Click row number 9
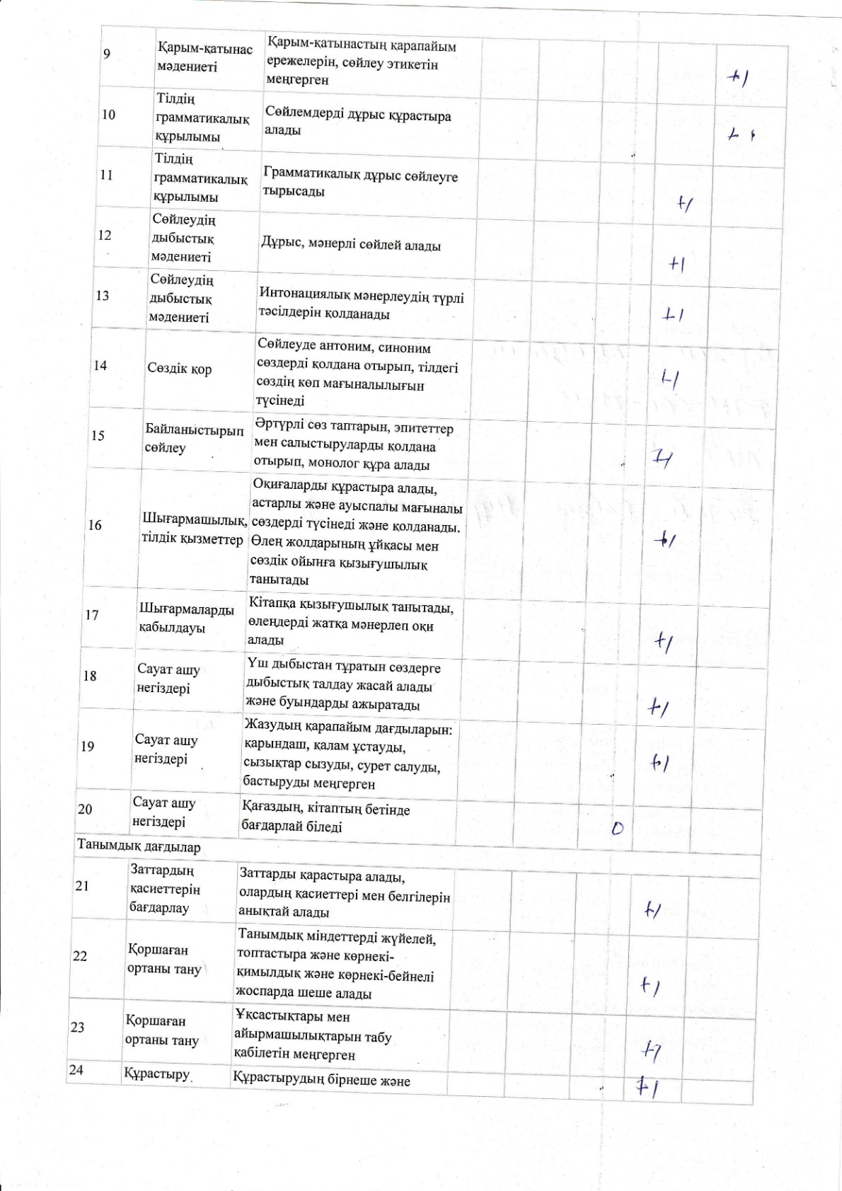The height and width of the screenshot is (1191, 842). click(x=107, y=54)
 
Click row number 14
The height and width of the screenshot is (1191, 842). click(x=100, y=365)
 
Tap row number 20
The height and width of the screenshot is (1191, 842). click(x=85, y=809)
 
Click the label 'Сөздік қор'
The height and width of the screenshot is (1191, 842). click(x=180, y=369)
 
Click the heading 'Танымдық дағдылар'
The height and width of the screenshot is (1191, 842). click(x=139, y=846)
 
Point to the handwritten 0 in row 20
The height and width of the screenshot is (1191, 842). click(x=618, y=827)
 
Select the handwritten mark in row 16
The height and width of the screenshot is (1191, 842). click(x=665, y=541)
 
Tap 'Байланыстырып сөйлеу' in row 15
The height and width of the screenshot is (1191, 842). click(x=194, y=438)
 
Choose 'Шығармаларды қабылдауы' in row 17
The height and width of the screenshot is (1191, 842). click(x=186, y=618)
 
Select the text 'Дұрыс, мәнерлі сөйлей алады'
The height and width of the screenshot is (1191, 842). click(x=351, y=246)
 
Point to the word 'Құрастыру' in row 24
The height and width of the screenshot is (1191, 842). click(x=157, y=1074)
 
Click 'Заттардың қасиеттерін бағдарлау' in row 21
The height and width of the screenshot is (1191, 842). click(x=164, y=888)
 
